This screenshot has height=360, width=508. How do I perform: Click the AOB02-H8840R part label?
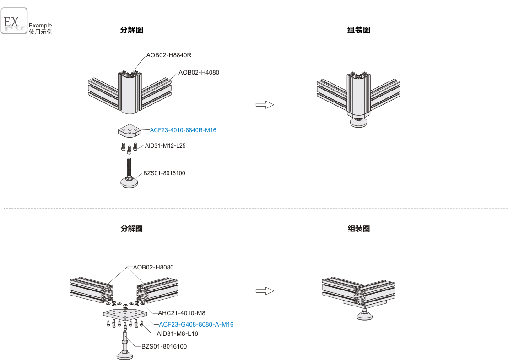[168, 55]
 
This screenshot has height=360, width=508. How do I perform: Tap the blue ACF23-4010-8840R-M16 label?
[183, 130]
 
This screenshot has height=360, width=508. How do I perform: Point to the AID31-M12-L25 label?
[165, 146]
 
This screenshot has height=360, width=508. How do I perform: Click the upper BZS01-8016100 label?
[164, 173]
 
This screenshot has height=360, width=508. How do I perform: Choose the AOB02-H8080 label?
[153, 267]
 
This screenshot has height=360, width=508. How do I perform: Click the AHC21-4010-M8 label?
[182, 313]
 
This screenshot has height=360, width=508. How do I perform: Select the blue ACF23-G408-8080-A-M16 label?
[196, 324]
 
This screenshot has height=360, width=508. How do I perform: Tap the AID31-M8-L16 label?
[177, 334]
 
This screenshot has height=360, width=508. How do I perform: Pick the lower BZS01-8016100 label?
[164, 346]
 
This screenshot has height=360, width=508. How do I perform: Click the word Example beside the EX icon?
[40, 26]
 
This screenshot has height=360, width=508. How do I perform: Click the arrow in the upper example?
[265, 105]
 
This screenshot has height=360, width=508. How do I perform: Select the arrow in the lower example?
[265, 291]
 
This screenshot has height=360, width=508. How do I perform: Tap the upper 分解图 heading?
[132, 30]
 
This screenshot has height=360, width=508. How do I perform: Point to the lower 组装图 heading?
[359, 229]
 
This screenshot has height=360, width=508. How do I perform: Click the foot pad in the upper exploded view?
[131, 182]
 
